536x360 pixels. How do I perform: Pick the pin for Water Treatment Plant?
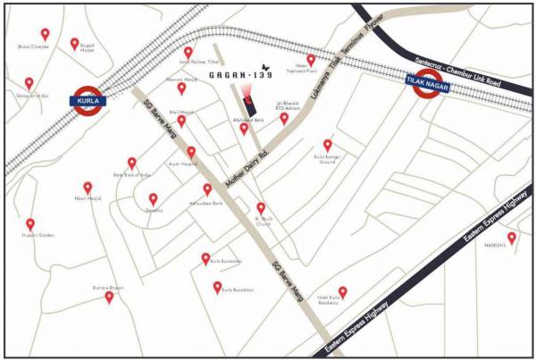311,59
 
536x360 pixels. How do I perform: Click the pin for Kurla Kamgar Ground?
327,144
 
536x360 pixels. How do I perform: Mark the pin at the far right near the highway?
512,238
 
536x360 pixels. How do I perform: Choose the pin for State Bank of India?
131,163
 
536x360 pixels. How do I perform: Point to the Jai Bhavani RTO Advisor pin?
284,117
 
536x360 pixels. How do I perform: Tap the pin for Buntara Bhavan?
109,296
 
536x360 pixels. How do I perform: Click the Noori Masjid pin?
88,188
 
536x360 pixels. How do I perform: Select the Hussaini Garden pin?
29,224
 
